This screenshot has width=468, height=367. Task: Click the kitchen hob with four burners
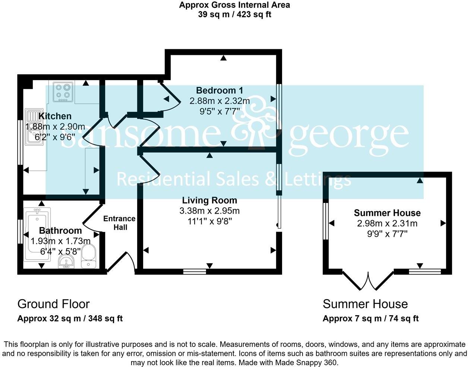pyautogui.click(x=63, y=92)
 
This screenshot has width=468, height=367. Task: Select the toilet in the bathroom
pyautogui.click(x=88, y=256)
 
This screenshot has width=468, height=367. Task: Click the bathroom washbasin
pyautogui.click(x=67, y=262)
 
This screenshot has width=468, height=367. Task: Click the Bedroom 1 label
pyautogui.click(x=219, y=90)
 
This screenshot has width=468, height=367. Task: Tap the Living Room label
pyautogui.click(x=209, y=200)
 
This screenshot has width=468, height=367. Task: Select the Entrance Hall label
pyautogui.click(x=119, y=223)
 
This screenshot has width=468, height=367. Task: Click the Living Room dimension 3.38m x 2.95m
pyautogui.click(x=209, y=211)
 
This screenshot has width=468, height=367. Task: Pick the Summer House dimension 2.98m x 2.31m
pyautogui.click(x=387, y=223)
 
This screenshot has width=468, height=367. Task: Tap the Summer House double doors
pyautogui.click(x=368, y=282)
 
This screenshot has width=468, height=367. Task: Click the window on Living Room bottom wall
pyautogui.click(x=195, y=272)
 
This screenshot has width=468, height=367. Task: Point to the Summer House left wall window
pyautogui.click(x=326, y=221)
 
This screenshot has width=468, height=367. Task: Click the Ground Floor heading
pyautogui.click(x=54, y=304)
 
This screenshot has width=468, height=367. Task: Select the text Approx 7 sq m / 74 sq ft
pyautogui.click(x=370, y=319)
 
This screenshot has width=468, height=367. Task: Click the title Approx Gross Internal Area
pyautogui.click(x=234, y=5)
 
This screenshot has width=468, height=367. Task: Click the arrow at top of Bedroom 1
pyautogui.click(x=223, y=58)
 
